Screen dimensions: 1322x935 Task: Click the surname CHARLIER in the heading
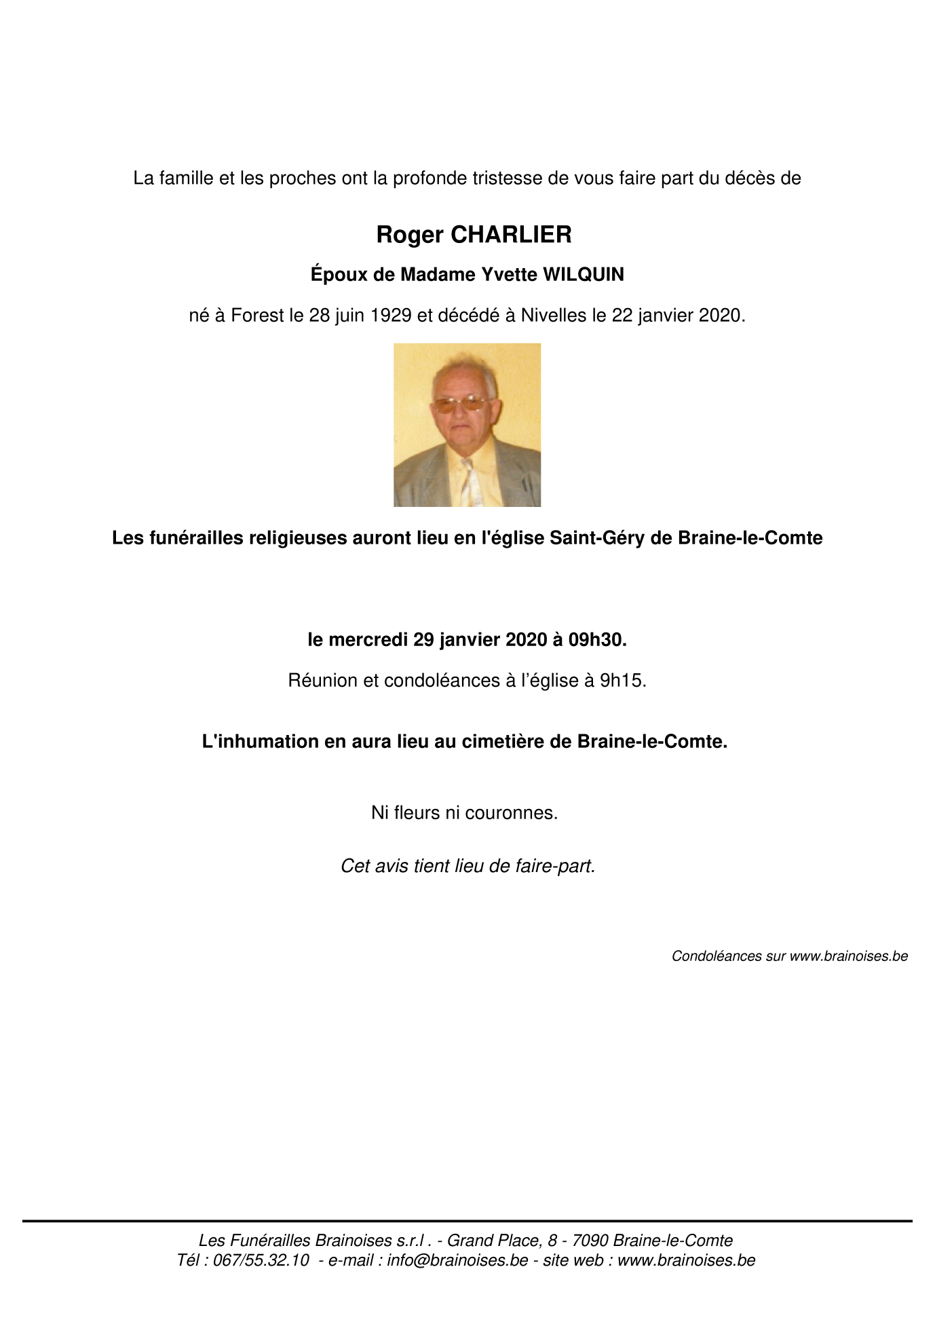[x=510, y=235]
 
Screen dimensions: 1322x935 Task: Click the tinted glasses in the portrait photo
[x=460, y=404]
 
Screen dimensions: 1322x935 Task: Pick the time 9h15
[x=622, y=681]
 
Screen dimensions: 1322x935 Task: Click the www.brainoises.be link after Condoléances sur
[x=848, y=956]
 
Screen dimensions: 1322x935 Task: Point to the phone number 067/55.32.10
[x=261, y=1260]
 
